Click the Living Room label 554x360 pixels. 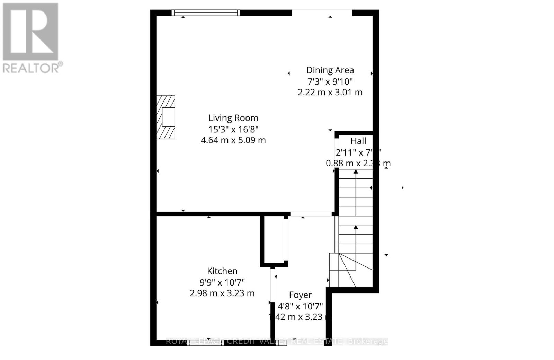233,118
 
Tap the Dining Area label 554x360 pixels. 330,70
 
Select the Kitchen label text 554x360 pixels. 222,271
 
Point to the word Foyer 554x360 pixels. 300,295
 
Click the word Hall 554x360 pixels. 358,141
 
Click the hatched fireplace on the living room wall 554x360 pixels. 166,117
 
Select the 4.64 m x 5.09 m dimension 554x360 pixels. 233,140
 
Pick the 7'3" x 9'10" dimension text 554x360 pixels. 330,82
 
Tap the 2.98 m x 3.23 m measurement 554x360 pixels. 222,293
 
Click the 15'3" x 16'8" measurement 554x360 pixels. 233,129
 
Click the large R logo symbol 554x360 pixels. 30,32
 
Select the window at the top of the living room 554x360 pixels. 206,13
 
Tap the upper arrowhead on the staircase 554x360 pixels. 356,172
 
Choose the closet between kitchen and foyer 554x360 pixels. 274,240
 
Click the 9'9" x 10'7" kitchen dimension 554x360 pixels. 222,282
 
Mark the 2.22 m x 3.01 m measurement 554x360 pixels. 330,93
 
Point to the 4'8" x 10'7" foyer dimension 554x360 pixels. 300,306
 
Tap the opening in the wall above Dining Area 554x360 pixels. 322,13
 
